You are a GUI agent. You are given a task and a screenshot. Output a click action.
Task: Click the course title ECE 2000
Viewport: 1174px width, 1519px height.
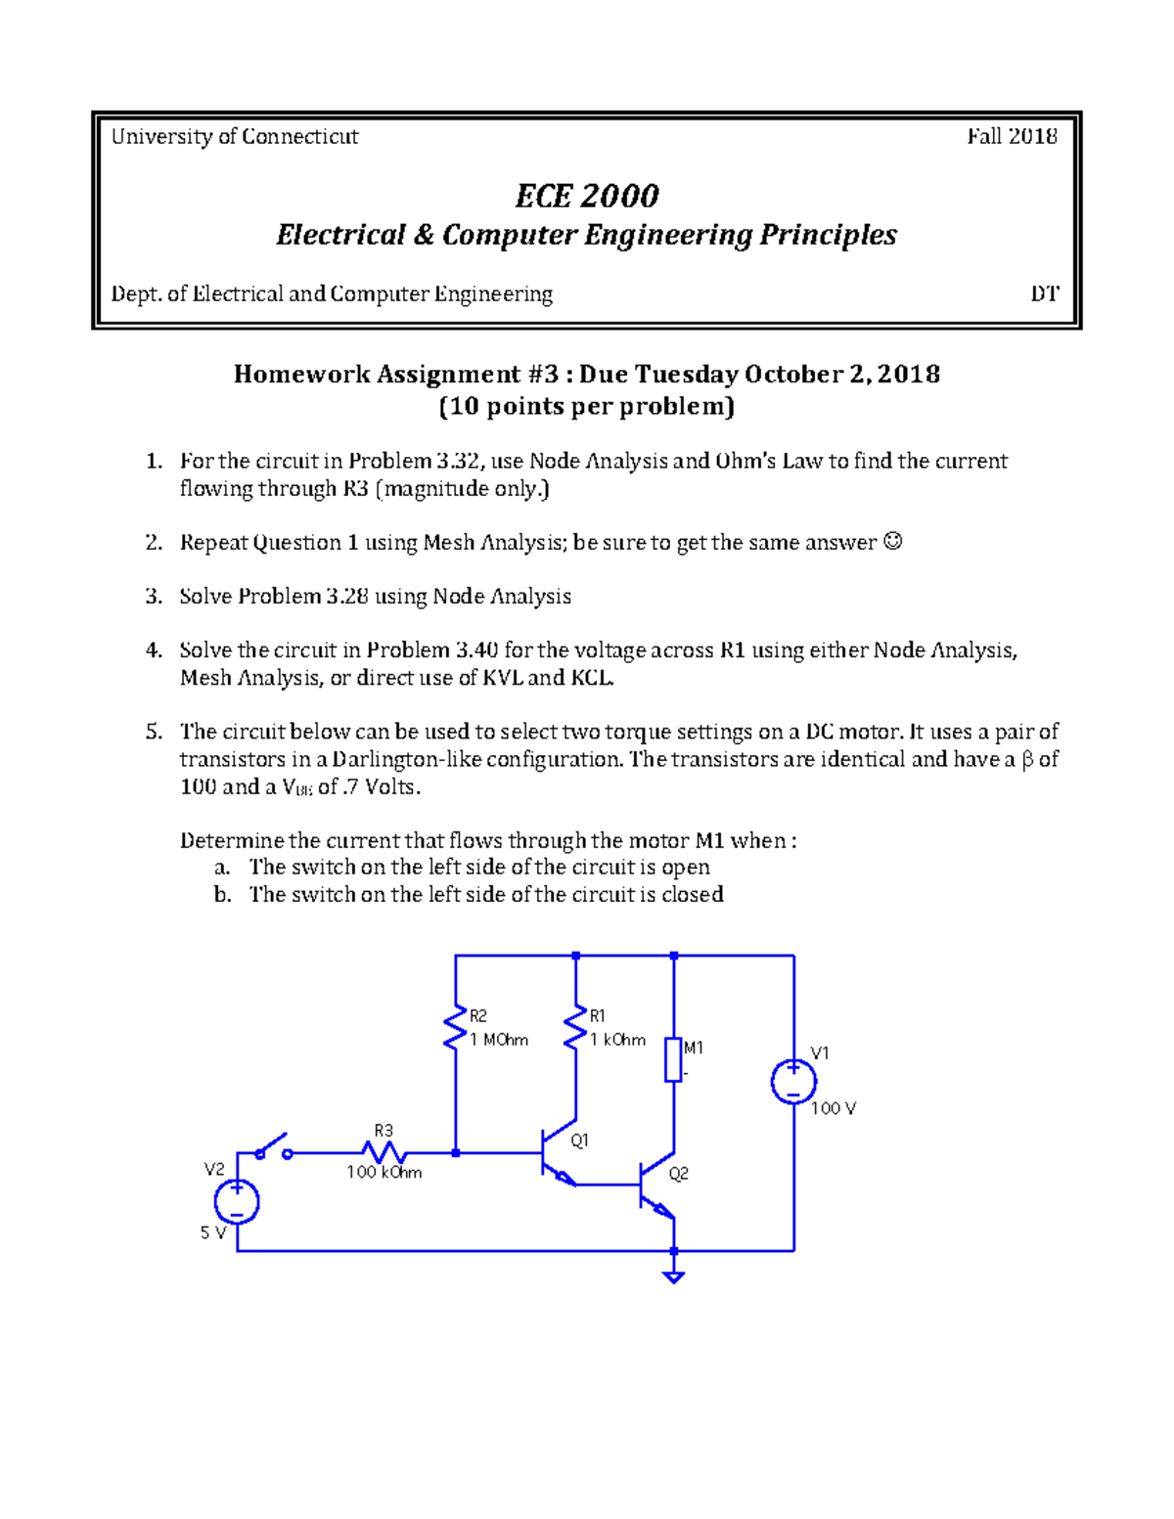coord(587,196)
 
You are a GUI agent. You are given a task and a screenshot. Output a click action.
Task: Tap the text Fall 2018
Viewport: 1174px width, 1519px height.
coord(1012,136)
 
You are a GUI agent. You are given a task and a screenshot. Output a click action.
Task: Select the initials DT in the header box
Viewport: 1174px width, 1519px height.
coord(1044,293)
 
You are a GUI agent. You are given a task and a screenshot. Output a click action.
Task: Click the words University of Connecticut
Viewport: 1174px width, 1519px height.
coord(235,136)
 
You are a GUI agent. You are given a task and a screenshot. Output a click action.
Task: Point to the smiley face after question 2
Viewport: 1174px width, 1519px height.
coord(892,541)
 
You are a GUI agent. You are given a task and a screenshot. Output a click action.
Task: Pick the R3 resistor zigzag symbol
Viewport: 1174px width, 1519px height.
coord(384,1153)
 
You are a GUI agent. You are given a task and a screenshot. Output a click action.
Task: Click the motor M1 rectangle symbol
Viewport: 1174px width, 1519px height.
coord(673,1060)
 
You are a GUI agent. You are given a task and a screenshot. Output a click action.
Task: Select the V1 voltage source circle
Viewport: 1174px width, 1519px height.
coord(793,1082)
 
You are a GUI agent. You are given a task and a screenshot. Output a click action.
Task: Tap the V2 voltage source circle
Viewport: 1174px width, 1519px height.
coord(237,1201)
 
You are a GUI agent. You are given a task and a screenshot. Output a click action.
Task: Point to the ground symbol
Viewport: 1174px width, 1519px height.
coord(673,1274)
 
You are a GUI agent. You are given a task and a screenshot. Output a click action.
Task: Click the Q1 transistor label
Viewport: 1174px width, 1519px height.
coord(579,1140)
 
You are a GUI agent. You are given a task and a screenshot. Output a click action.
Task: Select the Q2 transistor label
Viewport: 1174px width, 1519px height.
coord(678,1174)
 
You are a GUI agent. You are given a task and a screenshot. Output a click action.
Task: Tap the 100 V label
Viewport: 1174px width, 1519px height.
coord(834,1108)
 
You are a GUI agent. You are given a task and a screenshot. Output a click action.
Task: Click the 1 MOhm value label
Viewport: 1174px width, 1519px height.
coord(499,1040)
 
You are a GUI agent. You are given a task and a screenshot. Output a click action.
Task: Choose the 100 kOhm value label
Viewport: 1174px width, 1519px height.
coord(384,1172)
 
